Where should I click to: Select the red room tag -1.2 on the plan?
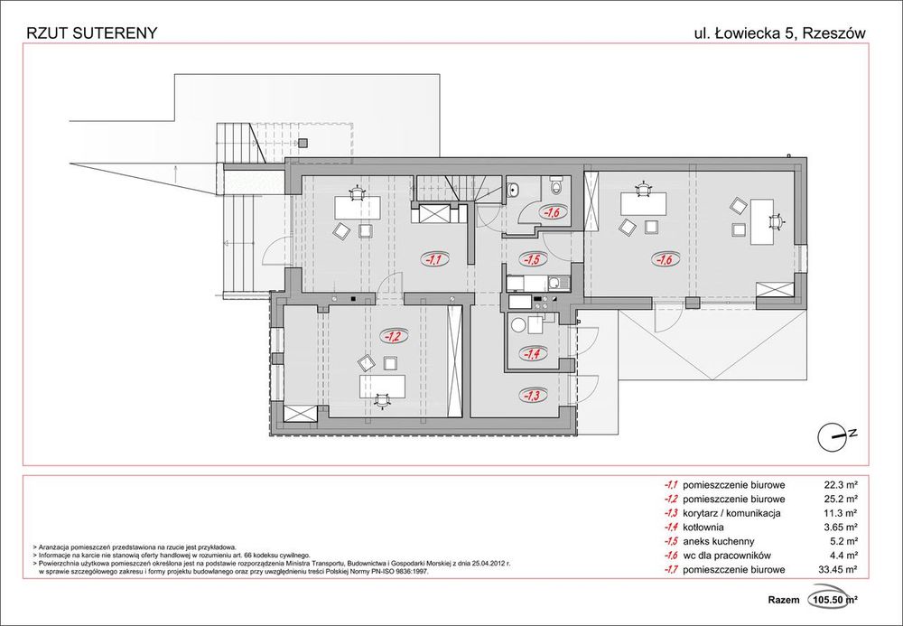(x=394, y=335)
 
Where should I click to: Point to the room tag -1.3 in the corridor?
(x=531, y=395)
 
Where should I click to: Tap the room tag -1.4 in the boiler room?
(x=531, y=354)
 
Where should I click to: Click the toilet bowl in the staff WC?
(x=556, y=186)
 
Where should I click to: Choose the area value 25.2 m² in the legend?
(x=837, y=499)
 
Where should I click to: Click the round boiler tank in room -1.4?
(x=518, y=326)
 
